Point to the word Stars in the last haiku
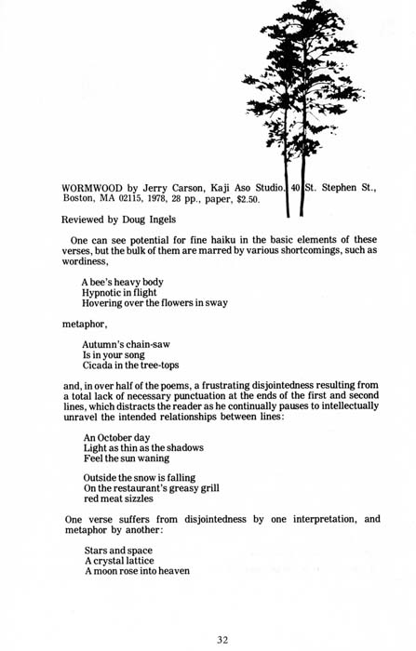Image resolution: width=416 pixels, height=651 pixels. click(x=98, y=551)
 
